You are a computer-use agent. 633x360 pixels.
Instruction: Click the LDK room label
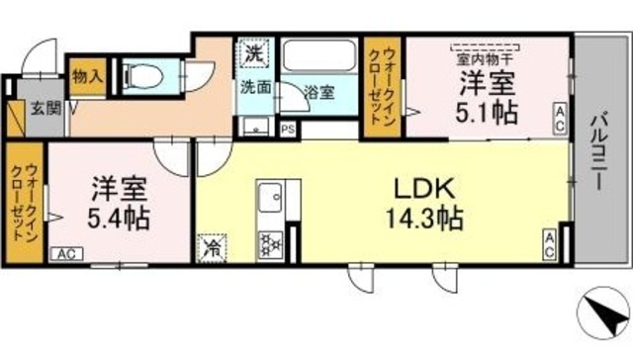coord(426,188)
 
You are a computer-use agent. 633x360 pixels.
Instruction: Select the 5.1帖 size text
coord(486,111)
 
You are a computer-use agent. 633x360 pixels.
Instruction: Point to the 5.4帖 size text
coord(118,217)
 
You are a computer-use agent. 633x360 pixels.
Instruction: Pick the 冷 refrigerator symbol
coord(212,246)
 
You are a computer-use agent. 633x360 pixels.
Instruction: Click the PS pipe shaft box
coord(288,129)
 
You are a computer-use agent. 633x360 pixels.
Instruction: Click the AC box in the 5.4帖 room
coord(65,255)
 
